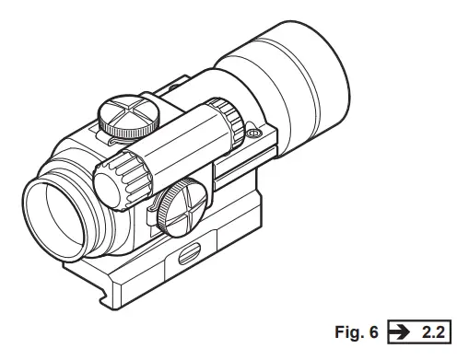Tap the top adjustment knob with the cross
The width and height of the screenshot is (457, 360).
tap(118, 116)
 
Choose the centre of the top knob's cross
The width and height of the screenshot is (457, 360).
tap(118, 114)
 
